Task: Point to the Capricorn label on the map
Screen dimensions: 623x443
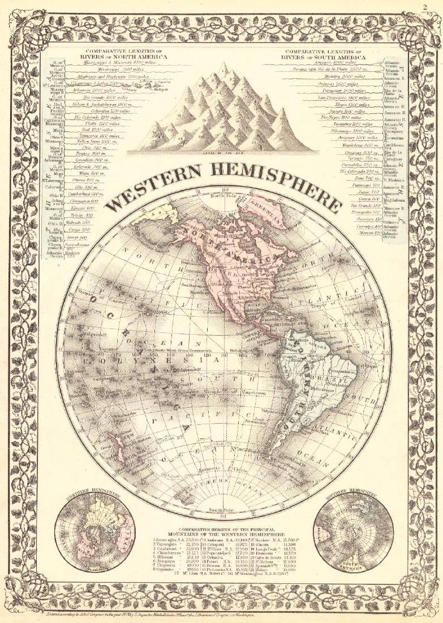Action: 256,392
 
